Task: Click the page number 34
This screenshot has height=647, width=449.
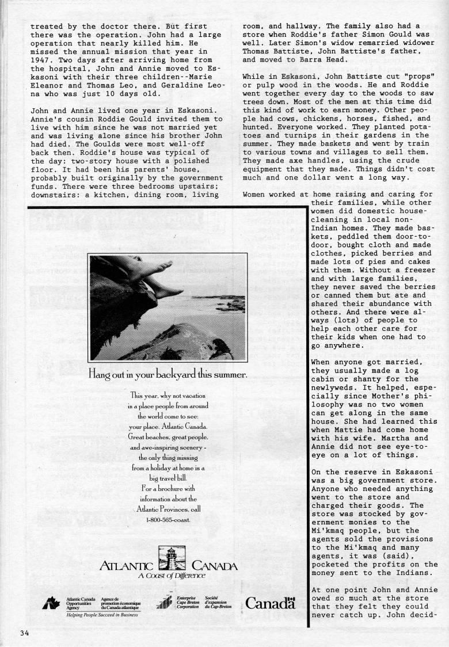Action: pyautogui.click(x=24, y=634)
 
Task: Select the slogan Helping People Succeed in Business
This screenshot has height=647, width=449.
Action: pyautogui.click(x=92, y=614)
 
